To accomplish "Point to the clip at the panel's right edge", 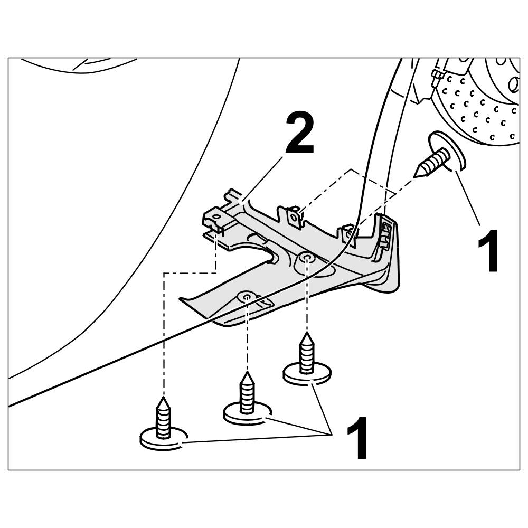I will pyautogui.click(x=385, y=232).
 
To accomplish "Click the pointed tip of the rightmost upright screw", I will pyautogui.click(x=307, y=336).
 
